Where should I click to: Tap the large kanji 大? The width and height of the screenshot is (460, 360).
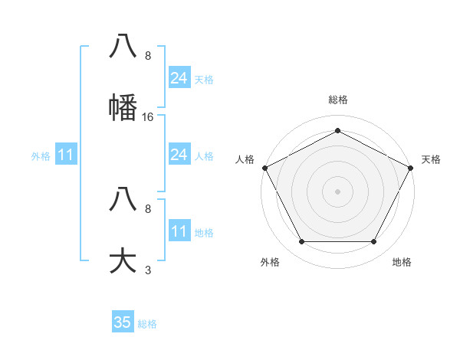click(123, 259)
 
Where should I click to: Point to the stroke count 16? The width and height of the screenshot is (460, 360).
click(148, 117)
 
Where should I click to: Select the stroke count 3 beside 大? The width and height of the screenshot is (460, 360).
click(148, 270)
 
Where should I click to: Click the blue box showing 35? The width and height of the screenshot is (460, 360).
click(123, 322)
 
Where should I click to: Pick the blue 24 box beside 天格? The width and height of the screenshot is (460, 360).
click(179, 78)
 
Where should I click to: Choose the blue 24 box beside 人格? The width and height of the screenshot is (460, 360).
click(179, 155)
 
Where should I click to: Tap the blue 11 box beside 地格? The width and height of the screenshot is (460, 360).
click(179, 231)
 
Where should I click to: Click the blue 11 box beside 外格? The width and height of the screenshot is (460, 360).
click(66, 155)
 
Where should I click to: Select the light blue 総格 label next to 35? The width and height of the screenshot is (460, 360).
click(147, 324)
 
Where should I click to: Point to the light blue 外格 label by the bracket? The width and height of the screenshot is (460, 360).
click(41, 156)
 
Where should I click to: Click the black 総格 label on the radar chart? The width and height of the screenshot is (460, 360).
click(338, 100)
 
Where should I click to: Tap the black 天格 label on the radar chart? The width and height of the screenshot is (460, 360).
click(431, 159)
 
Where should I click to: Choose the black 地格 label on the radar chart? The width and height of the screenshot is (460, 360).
click(402, 262)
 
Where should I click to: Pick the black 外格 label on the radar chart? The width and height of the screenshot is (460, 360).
click(270, 262)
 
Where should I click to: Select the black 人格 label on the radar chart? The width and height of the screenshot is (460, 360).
click(245, 159)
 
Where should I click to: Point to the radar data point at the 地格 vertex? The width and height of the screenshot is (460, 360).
click(374, 242)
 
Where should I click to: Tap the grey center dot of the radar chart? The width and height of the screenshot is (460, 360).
click(337, 191)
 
